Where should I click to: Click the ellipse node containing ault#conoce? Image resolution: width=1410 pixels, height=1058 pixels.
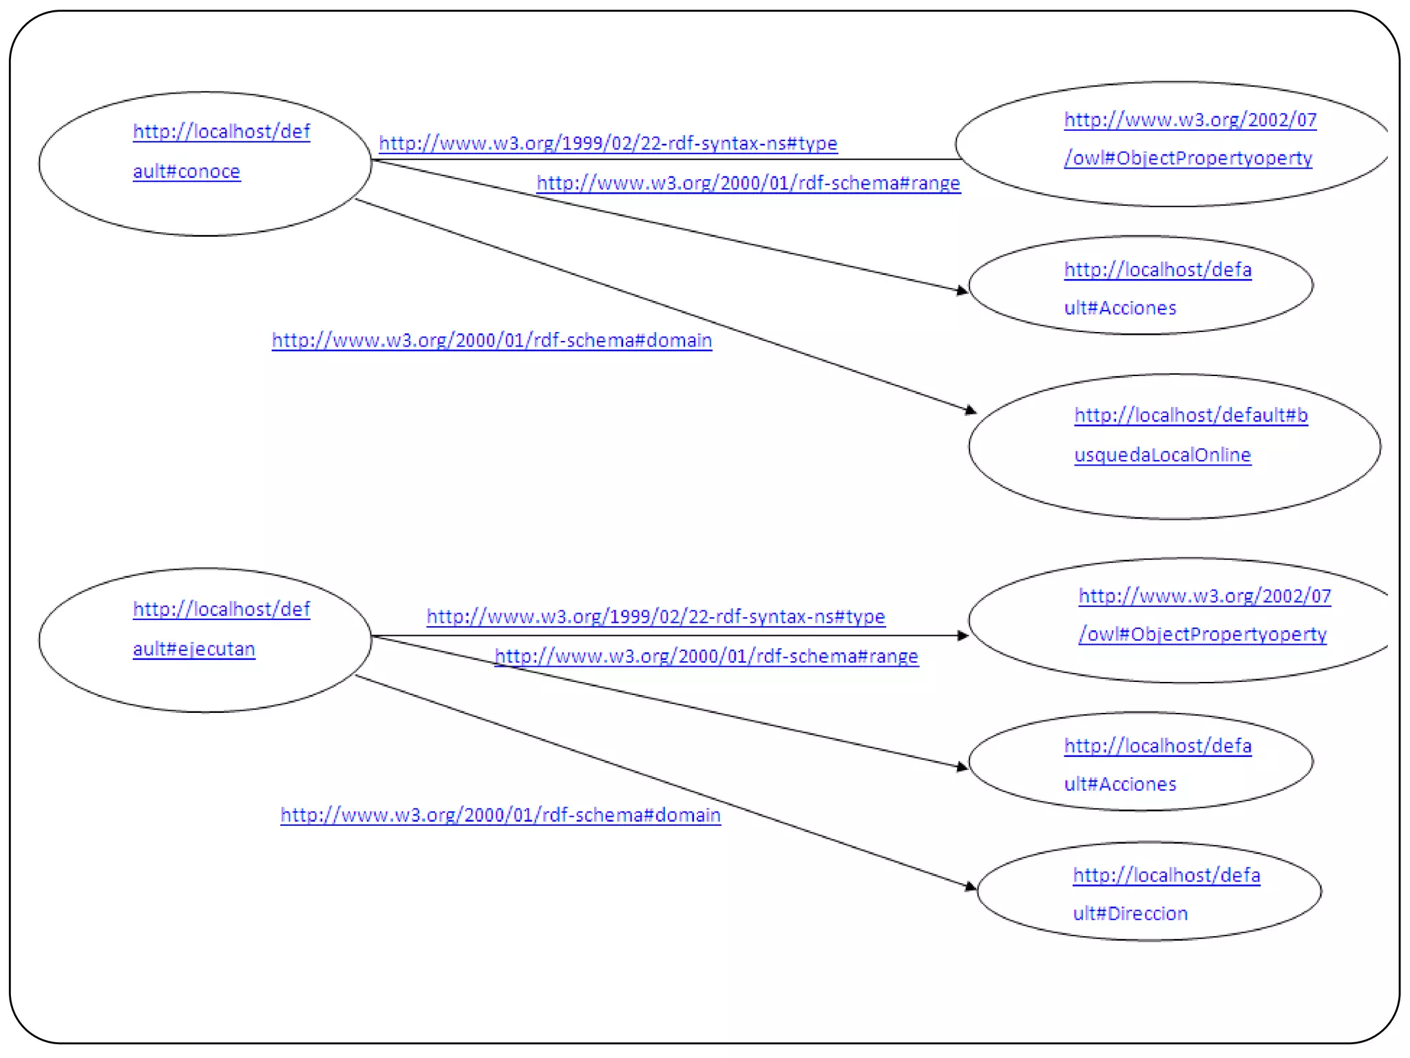click(204, 164)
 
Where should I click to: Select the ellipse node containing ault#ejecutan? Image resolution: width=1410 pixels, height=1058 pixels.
click(204, 640)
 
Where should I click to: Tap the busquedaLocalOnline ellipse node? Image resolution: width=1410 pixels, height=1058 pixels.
click(1174, 446)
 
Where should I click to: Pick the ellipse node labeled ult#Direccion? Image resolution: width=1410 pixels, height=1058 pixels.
click(1148, 891)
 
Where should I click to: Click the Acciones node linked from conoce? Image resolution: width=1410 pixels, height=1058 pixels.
click(1140, 285)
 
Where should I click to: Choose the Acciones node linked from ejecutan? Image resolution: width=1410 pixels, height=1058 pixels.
click(1140, 761)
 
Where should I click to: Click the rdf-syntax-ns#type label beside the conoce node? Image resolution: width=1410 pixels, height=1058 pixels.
click(608, 143)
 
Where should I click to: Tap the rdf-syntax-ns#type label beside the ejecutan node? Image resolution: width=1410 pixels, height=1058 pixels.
click(655, 616)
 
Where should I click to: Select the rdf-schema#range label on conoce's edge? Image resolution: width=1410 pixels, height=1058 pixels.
click(748, 183)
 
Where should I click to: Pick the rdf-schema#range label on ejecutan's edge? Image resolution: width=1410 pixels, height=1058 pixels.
click(706, 656)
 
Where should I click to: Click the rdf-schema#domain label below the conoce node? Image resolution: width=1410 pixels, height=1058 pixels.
click(492, 340)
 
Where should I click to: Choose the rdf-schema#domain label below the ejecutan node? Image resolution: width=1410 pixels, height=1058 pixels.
click(501, 816)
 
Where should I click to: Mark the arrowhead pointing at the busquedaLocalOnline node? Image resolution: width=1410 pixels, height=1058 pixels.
click(971, 411)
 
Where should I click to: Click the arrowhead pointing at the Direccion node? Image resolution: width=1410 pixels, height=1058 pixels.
click(971, 886)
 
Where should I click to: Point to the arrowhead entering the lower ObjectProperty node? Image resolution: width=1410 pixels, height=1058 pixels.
click(963, 635)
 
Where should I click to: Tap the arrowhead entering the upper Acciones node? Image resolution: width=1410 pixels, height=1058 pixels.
click(962, 291)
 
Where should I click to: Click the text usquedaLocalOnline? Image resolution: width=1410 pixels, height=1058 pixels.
click(1162, 455)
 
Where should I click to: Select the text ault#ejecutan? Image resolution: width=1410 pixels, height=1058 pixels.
click(193, 649)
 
